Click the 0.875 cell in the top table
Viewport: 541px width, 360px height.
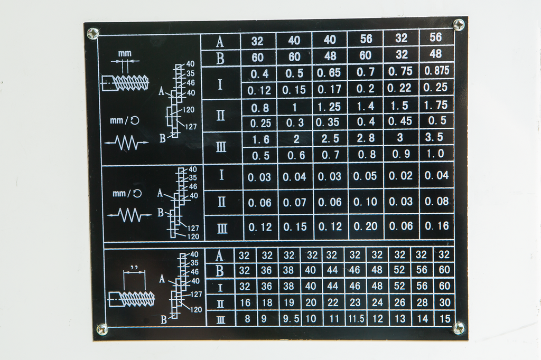coord(436,71)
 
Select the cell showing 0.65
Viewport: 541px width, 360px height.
coord(330,72)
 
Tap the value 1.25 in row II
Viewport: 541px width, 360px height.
coord(330,107)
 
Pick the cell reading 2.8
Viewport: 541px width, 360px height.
coord(365,139)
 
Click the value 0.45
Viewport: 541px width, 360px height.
coord(400,121)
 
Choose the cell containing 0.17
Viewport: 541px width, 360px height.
coord(330,90)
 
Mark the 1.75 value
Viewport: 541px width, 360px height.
coord(436,105)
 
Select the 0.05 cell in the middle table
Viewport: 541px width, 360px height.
coord(365,176)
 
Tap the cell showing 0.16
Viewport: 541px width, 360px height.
coord(436,226)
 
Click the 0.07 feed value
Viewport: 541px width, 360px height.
coord(294,202)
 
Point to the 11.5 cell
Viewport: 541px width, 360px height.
coord(355,319)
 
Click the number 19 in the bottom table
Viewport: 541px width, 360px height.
coord(288,302)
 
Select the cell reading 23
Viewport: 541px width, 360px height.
coord(355,302)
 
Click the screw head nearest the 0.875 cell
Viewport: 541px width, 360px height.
coord(459,24)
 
